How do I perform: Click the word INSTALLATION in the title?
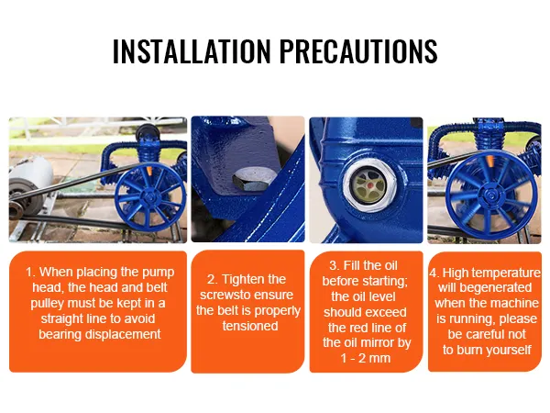point(192,50)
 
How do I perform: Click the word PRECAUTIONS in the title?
point(358,50)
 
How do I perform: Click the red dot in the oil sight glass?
point(369,184)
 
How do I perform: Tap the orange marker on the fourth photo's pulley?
point(490,162)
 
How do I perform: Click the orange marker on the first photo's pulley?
point(149,171)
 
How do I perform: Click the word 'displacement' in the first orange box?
point(123,334)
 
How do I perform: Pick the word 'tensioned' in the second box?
point(250,326)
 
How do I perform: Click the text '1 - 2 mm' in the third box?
point(366,358)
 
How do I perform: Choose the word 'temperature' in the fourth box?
point(508,273)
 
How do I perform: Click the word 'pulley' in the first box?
point(47,304)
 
